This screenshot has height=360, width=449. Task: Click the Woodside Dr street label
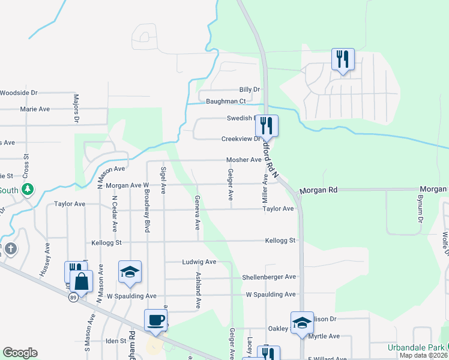pyautogui.click(x=19, y=93)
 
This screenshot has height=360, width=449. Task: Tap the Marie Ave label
pyautogui.click(x=35, y=109)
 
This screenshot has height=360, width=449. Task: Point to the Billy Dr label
pyautogui.click(x=250, y=89)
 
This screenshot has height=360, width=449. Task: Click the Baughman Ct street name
pyautogui.click(x=226, y=101)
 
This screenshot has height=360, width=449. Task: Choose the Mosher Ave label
pyautogui.click(x=244, y=160)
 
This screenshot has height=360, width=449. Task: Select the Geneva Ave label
pyautogui.click(x=197, y=212)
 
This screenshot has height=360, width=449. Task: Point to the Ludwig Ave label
pyautogui.click(x=199, y=262)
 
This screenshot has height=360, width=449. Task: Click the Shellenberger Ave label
pyautogui.click(x=269, y=277)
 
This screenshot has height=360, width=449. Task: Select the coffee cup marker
pyautogui.click(x=155, y=320)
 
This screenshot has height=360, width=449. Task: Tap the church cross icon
pyautogui.click(x=11, y=248)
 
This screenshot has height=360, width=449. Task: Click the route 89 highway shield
pyautogui.click(x=72, y=297)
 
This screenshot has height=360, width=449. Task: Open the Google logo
pyautogui.click(x=20, y=353)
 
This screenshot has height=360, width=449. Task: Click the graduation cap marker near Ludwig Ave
pyautogui.click(x=129, y=271)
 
